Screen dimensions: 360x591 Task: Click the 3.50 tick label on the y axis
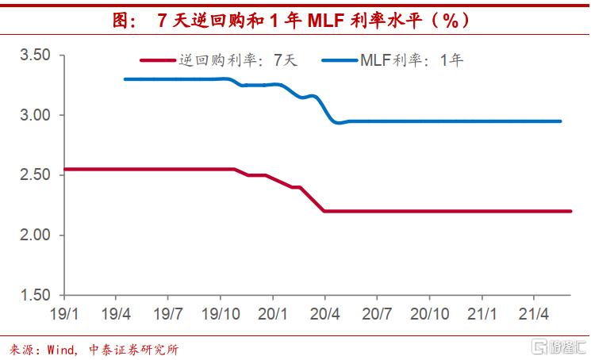[35, 55]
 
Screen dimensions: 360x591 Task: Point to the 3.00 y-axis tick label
[35, 115]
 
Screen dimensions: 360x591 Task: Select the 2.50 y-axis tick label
[35, 175]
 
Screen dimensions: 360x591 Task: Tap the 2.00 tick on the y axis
[35, 236]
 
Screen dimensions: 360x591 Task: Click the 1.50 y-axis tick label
[35, 296]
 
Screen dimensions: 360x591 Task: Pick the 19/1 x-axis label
[64, 313]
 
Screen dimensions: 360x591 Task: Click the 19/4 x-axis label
[117, 313]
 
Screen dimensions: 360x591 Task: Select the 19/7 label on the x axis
[168, 313]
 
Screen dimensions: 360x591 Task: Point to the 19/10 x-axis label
[221, 313]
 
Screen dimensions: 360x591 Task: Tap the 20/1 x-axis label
[272, 313]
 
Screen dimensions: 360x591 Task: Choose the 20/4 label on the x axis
[324, 313]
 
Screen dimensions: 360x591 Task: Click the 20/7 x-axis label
[377, 313]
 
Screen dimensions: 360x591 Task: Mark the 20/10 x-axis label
[429, 313]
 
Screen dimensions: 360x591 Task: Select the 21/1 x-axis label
[482, 313]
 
